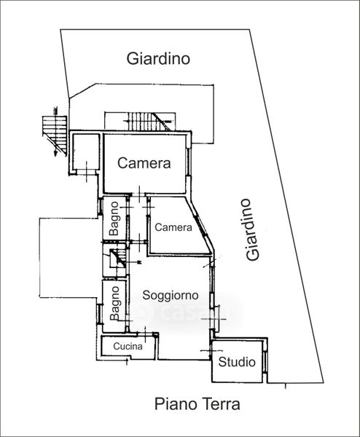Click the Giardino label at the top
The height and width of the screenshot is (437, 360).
[158, 59]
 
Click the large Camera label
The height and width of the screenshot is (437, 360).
[144, 163]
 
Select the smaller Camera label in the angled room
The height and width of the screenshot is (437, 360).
[173, 227]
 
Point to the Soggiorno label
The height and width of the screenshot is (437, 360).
[171, 296]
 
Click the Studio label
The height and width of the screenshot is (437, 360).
[237, 362]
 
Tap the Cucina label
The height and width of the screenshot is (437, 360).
[128, 346]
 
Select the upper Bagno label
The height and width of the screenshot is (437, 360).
[114, 219]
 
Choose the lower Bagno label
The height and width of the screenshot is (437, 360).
[114, 303]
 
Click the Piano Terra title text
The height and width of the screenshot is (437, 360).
[197, 403]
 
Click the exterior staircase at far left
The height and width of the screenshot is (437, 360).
[55, 132]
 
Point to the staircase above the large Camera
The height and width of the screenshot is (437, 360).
[148, 121]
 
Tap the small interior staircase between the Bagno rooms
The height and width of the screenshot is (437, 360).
[117, 259]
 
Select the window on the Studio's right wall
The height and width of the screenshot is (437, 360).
[265, 361]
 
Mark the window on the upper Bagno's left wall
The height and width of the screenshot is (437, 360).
[100, 207]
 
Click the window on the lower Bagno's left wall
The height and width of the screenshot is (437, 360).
[98, 314]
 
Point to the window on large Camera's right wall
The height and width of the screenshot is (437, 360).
[189, 162]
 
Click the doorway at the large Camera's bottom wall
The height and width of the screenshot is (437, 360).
[138, 194]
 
